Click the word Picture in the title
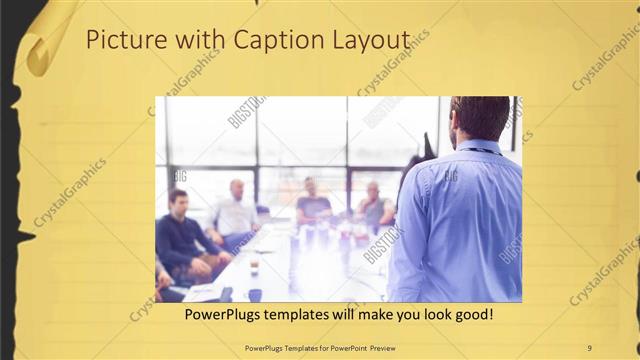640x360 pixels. (119, 41)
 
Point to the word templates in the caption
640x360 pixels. (310, 314)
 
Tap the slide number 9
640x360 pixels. (589, 347)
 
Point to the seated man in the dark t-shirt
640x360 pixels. (312, 203)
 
